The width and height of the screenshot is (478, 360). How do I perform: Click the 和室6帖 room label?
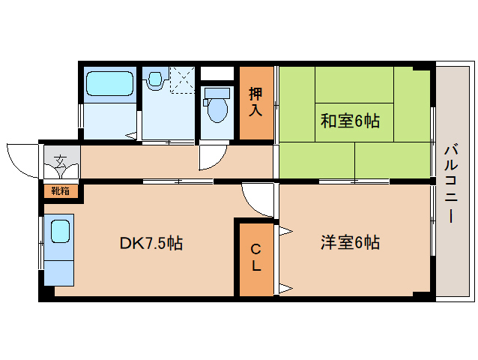click(350, 121)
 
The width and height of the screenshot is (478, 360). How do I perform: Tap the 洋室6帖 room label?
click(350, 242)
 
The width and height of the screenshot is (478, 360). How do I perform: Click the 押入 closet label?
click(255, 101)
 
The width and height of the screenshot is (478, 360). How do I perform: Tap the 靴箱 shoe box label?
click(61, 190)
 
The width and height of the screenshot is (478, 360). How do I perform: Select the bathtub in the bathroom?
click(109, 83)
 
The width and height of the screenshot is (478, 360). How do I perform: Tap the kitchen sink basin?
click(60, 229)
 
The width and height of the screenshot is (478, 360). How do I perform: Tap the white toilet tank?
click(217, 91)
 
